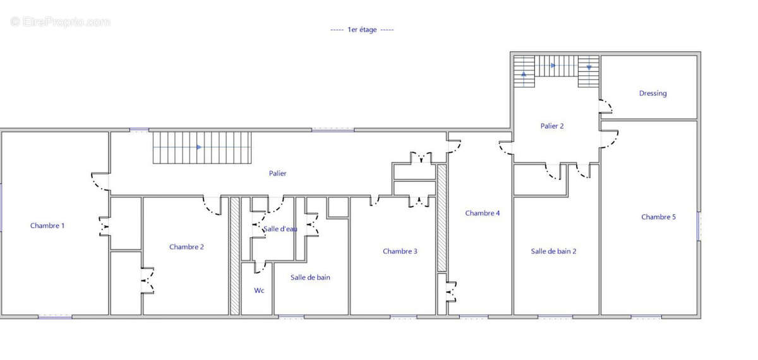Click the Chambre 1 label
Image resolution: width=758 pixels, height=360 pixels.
tap(47, 225)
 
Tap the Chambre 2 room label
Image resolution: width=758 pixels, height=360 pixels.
tap(186, 247)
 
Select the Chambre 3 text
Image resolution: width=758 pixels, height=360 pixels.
tap(400, 251)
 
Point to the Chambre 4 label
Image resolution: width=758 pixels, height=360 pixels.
tap(482, 213)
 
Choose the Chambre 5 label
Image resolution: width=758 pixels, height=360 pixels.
tap(658, 217)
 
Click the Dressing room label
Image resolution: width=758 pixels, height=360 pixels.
tap(653, 93)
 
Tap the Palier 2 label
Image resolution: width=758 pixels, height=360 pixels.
tap(552, 126)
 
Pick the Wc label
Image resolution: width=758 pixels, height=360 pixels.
tap(259, 291)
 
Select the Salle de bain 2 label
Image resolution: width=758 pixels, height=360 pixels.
tap(553, 251)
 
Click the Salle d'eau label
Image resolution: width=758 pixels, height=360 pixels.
tap(280, 229)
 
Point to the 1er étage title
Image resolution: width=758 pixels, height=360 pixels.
tap(362, 30)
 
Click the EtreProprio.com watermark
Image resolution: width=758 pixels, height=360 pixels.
tap(60, 22)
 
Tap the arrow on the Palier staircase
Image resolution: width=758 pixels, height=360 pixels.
tap(199, 147)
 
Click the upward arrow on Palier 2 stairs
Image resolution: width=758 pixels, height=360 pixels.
tap(524, 73)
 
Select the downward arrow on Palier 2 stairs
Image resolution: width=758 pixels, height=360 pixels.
tap(589, 67)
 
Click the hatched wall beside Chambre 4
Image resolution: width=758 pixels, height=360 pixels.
tap(442, 218)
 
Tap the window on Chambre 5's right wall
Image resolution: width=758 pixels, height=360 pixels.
tap(699, 226)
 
